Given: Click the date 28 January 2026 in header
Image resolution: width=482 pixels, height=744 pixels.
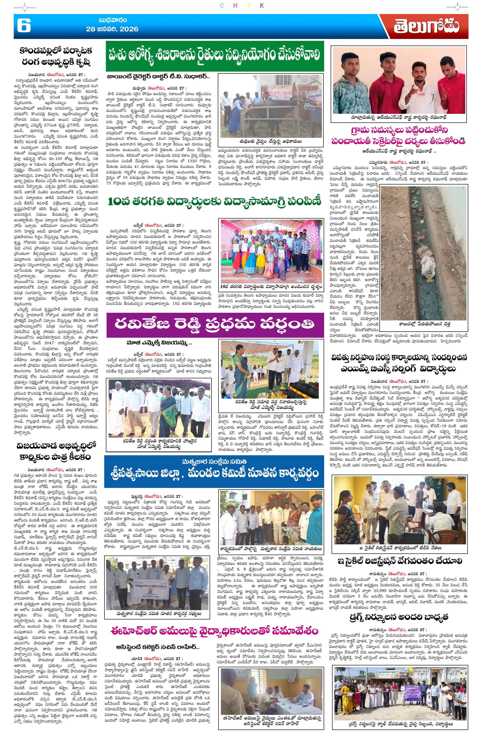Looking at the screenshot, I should click(112, 29).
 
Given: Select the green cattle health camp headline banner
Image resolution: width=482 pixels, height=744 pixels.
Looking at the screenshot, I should click(215, 56).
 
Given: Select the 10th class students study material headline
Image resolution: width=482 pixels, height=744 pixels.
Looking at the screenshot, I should click(215, 202).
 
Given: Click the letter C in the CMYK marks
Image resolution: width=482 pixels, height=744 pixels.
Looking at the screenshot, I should click(222, 6).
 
